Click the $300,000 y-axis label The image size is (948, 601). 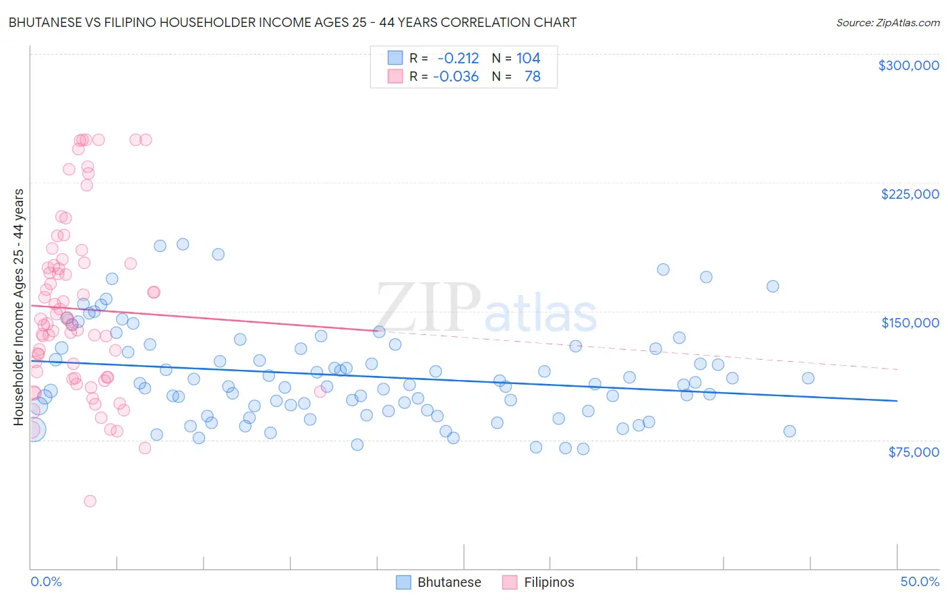coord(908,65)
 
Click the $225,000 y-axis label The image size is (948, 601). coord(910,194)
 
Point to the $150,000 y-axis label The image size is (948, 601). coord(910,323)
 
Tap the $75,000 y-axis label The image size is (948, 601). coord(913,452)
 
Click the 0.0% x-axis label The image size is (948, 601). coord(46,581)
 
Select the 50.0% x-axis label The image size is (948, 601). coord(919,581)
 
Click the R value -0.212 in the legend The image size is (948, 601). coord(458,59)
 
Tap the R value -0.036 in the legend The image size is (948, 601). coord(456,77)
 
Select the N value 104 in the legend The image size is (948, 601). coord(528,59)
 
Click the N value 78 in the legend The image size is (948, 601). coord(532,77)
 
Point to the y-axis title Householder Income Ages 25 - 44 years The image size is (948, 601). coord(18,307)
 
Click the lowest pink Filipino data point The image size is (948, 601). coord(90,501)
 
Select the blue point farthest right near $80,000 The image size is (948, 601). coord(790,431)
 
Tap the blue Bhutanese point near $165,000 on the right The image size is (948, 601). coord(773,286)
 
